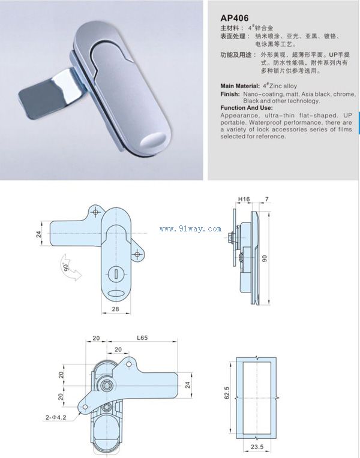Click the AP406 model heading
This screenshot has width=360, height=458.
234,18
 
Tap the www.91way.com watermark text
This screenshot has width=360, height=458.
190,229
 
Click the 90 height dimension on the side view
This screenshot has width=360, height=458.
265,258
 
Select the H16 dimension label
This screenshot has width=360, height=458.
244,199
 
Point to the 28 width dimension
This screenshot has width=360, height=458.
116,309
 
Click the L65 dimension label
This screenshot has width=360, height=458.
142,338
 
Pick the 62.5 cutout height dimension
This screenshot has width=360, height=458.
227,393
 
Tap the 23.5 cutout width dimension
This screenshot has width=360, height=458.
257,447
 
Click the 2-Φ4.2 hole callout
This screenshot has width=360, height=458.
56,417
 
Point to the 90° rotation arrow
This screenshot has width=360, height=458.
71,267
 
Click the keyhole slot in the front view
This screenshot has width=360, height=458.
116,274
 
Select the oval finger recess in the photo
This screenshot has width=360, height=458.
152,140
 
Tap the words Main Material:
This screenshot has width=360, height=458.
240,86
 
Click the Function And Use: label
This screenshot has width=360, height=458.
247,108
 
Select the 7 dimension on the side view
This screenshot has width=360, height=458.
266,199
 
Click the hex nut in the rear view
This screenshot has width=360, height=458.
106,385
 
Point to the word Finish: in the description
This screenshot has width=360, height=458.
230,94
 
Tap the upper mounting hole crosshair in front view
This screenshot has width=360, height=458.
95,212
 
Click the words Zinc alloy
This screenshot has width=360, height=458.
283,86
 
